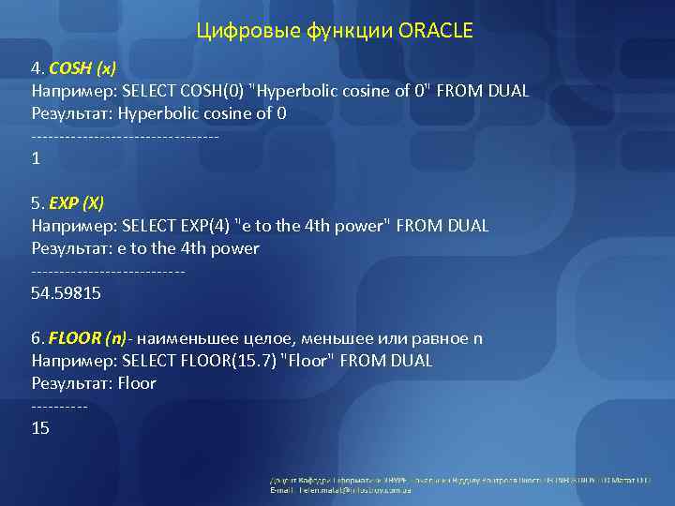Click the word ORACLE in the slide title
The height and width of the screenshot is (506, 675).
tap(436, 32)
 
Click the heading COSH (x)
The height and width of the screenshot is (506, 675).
tap(82, 68)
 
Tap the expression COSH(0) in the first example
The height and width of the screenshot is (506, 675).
tap(210, 91)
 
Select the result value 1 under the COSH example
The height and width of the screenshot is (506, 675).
tap(36, 158)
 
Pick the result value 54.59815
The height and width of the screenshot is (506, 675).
tap(66, 293)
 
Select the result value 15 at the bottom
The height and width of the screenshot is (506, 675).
tap(40, 428)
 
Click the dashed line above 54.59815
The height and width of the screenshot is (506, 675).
tap(108, 272)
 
